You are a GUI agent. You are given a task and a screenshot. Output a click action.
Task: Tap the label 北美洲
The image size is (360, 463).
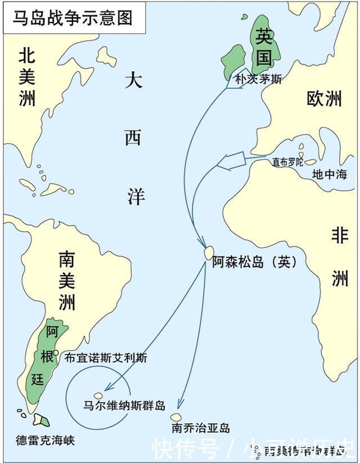pos(27,77)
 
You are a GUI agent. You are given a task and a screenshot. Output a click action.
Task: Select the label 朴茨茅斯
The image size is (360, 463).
pos(258,80)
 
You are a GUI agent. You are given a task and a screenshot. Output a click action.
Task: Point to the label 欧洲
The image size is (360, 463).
pos(324,100)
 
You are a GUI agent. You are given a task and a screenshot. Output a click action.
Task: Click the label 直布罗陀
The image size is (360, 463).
pos(287,162)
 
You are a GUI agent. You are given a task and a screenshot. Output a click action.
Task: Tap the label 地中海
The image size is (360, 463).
pos(330,173)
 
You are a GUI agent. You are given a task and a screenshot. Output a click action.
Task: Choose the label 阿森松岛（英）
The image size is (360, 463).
pos(254,262)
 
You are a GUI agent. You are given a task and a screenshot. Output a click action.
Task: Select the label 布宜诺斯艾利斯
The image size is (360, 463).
pos(106,357)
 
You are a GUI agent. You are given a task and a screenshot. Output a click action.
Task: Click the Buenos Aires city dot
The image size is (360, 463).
pos(56,353)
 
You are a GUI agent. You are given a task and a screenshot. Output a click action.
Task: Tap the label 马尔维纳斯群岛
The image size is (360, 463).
pos(124,405)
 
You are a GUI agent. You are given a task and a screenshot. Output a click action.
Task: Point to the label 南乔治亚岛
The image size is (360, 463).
pos(201,429)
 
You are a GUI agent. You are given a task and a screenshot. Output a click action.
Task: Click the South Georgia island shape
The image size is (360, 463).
pos(176,417)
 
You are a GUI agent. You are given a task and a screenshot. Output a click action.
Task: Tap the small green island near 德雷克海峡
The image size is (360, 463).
pos(41,420)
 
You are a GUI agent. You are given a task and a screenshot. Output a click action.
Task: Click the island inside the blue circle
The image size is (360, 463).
pos(98,395)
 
